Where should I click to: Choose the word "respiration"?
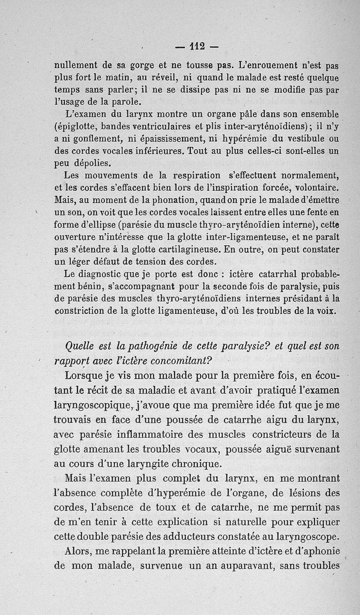[193, 175]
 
